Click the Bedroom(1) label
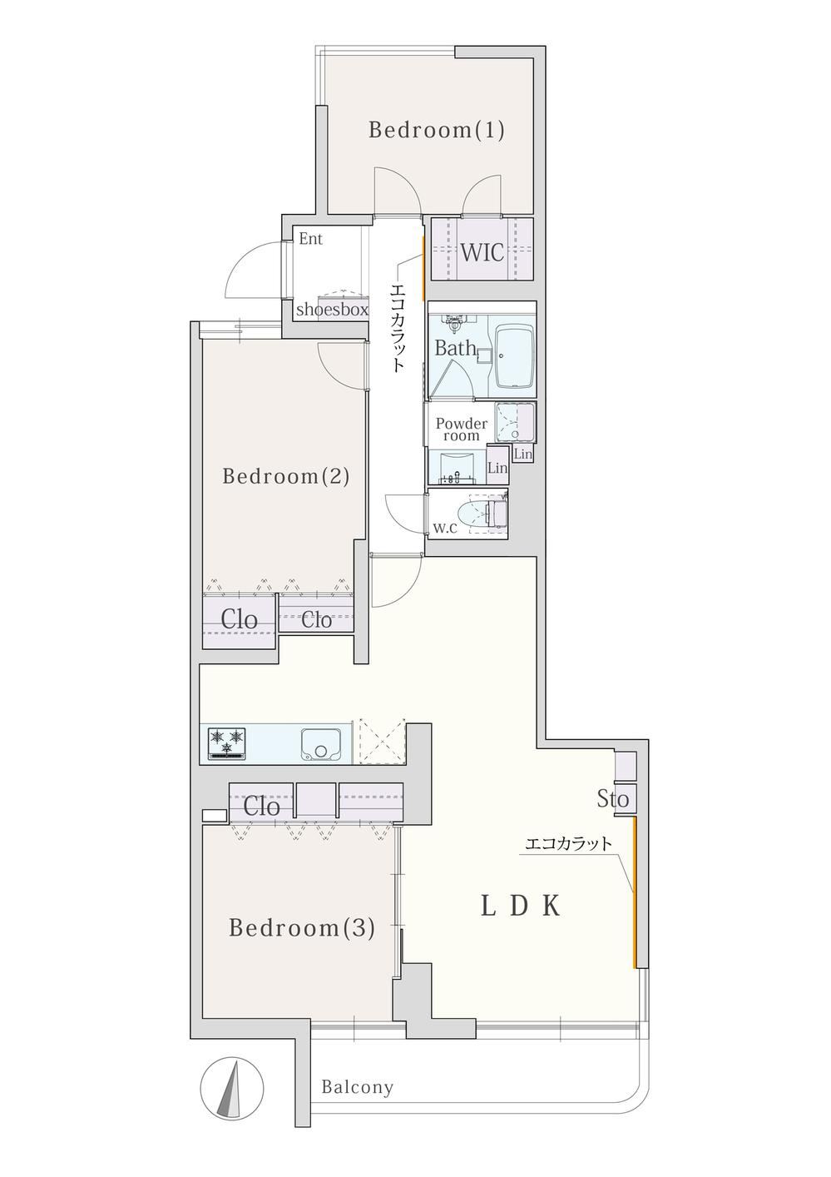click(436, 130)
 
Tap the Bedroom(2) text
click(286, 477)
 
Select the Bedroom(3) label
click(302, 928)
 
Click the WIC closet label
click(482, 252)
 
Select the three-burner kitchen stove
click(227, 742)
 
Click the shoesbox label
click(332, 310)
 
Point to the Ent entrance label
click(310, 239)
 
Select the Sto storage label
click(612, 799)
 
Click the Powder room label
click(461, 430)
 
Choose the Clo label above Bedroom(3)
click(261, 807)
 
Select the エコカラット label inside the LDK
click(568, 844)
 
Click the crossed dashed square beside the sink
click(382, 742)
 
